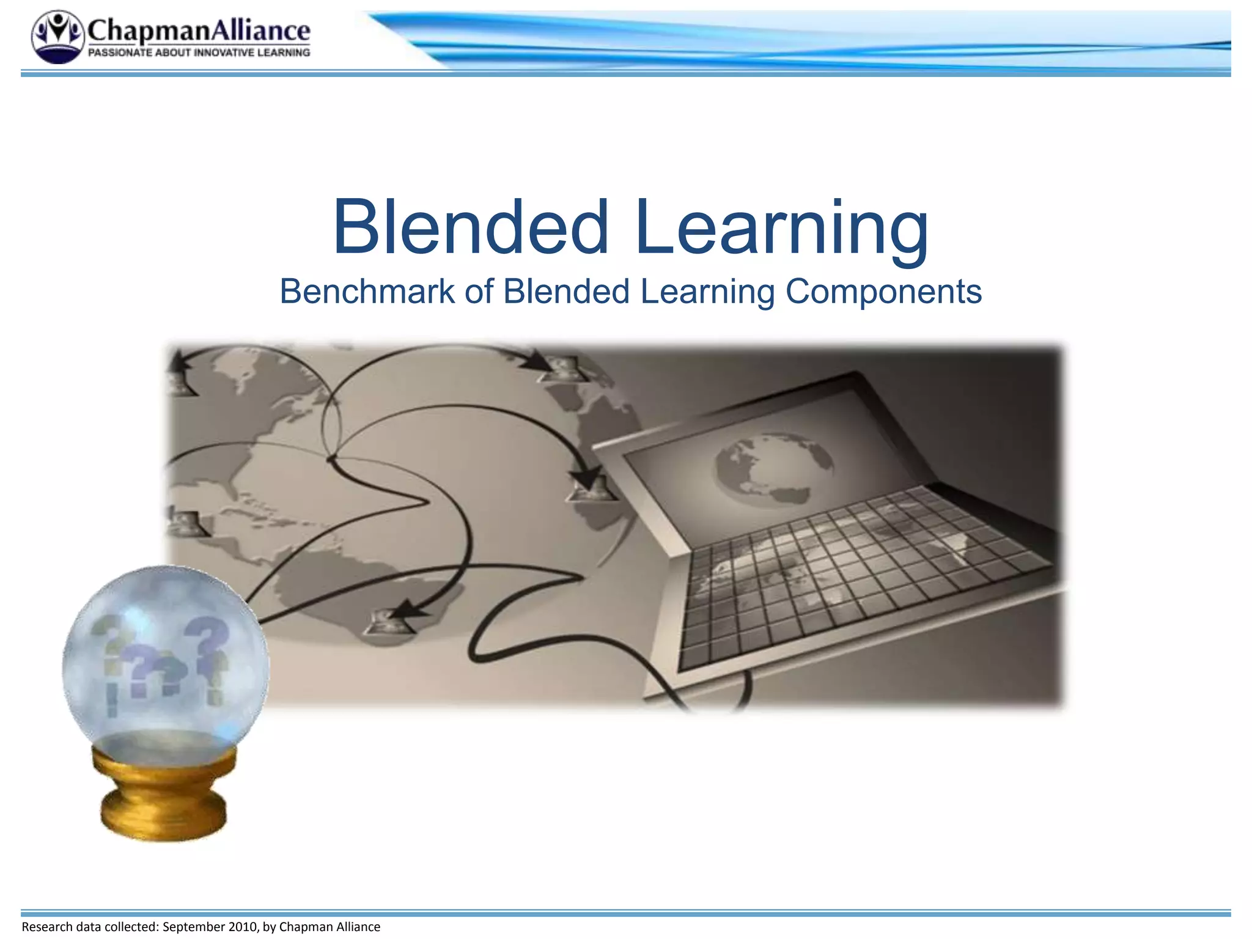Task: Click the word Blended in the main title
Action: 471,227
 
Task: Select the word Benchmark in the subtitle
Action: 367,292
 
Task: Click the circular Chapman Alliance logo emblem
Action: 57,37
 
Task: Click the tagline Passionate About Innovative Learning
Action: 199,53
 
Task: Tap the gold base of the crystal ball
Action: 164,795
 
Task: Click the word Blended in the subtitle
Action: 566,292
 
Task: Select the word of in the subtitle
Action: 479,292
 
